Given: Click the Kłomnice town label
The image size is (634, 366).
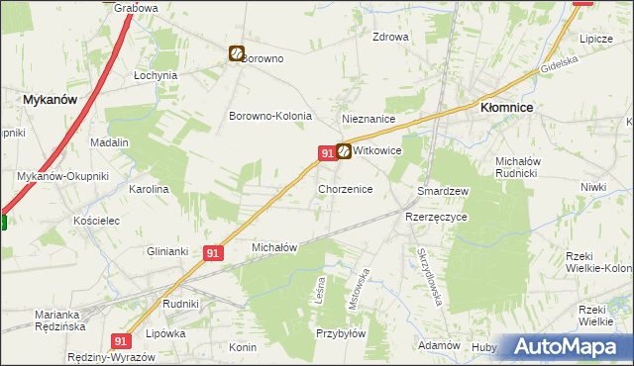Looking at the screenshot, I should tap(507, 106).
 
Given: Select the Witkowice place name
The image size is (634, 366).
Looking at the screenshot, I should tap(377, 151).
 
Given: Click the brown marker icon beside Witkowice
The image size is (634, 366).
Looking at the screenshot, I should tap(343, 151).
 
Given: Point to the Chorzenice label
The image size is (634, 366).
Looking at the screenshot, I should tap(345, 188).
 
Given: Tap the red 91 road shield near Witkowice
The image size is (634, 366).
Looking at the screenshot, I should tap(326, 152).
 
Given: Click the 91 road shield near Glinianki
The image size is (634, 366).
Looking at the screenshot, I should tap(213, 253).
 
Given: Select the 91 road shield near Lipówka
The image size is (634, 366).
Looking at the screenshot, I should tap(122, 340).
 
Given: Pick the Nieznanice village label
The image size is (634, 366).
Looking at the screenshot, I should tap(369, 119).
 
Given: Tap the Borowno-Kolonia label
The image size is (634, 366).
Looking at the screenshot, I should tap(270, 116).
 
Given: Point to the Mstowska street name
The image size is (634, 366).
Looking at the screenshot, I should tap(362, 288).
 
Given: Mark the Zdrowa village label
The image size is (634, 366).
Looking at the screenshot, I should tap(389, 38).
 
